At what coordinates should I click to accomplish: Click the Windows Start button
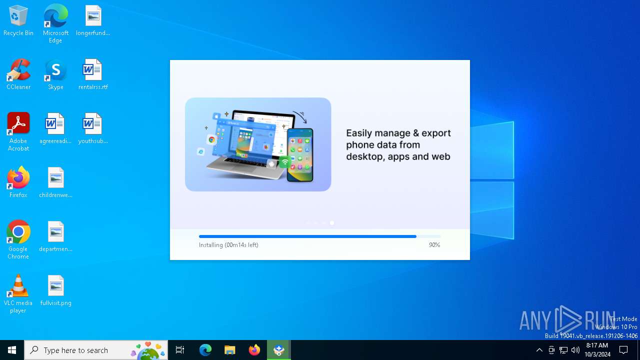pos(12,350)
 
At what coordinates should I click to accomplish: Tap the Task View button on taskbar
pos(180,350)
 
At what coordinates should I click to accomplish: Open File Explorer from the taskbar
pos(230,350)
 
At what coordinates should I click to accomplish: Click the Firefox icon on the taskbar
pos(254,350)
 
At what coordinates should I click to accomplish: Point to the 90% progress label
pos(434,245)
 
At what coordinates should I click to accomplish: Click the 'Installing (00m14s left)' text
pos(228,245)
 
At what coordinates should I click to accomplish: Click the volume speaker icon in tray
pos(575,350)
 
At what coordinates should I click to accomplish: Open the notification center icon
pos(623,350)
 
